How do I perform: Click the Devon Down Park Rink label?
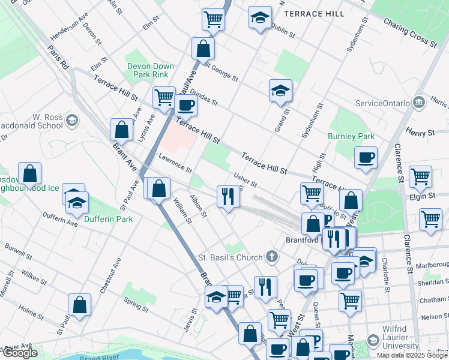point(151,70)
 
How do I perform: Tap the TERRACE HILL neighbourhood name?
point(315,13)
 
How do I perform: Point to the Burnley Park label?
point(351,136)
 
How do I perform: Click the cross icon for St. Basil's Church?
point(272,257)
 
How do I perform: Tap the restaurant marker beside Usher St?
point(228,196)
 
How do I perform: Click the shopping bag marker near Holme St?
point(79,305)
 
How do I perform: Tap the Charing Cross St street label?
point(411,32)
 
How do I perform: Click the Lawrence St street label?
point(175,163)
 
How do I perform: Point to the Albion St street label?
point(198,206)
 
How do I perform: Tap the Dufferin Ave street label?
point(60,219)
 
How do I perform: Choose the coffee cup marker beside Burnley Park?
point(366,158)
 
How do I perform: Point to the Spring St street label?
point(136,304)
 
